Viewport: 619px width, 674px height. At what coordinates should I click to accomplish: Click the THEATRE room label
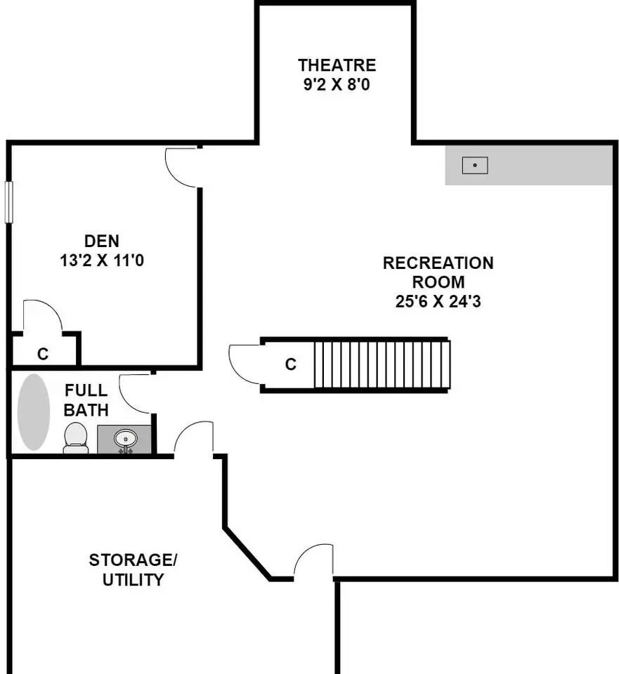point(337,65)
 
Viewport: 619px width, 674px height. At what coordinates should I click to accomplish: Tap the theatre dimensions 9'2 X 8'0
point(337,84)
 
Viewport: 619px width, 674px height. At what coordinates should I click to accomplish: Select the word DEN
point(101,241)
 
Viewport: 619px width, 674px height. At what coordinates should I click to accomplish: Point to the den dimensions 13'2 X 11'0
point(102,260)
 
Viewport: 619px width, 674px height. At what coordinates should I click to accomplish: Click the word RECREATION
point(438,263)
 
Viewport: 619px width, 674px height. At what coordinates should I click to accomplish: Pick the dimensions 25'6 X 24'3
point(438,301)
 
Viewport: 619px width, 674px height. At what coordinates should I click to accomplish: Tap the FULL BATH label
point(86,400)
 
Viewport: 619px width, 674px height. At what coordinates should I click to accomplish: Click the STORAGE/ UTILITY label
point(133,569)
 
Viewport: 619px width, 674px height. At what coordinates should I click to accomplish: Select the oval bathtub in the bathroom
point(34,412)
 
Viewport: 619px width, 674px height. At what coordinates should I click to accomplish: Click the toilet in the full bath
point(76,437)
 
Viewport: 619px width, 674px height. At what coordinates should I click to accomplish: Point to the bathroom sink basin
point(125,440)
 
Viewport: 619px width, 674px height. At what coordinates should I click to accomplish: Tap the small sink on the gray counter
point(475,165)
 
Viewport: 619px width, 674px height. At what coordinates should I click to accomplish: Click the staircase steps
point(382,364)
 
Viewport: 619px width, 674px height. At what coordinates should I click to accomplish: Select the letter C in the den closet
point(43,354)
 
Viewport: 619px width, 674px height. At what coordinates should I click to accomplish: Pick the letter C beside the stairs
point(291,364)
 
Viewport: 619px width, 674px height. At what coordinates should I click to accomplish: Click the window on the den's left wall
point(8,202)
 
